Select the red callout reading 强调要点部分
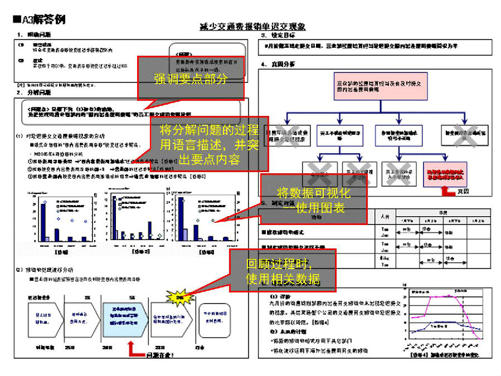click(191, 79)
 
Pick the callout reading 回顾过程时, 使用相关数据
click(283, 271)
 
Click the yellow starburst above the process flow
click(179, 298)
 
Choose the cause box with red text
click(445, 173)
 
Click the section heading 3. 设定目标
click(278, 36)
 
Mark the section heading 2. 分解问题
click(33, 92)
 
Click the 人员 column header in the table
click(384, 216)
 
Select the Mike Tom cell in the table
click(384, 262)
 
